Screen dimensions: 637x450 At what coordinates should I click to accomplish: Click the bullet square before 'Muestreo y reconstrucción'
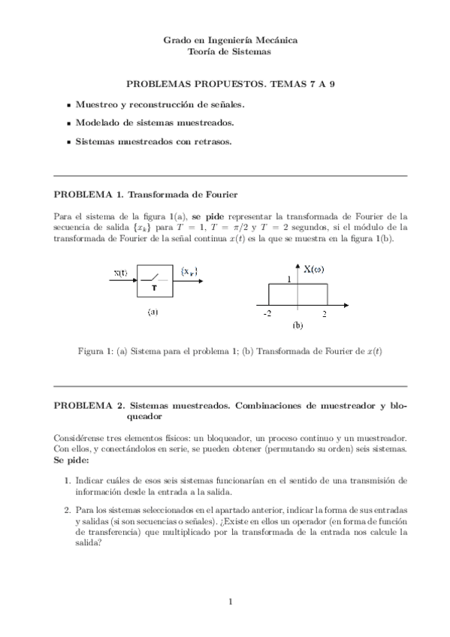pos(69,107)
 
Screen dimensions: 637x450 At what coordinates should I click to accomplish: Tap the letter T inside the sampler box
pos(154,288)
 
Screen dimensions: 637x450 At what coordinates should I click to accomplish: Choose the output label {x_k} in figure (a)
pos(191,271)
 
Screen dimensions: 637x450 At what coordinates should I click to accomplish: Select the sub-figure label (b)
pos(297,326)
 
